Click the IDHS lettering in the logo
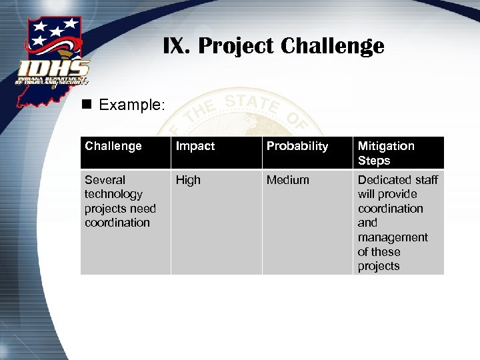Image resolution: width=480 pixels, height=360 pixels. point(54,68)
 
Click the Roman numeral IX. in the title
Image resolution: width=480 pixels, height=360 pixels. point(178,46)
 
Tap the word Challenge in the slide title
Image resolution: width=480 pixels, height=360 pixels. point(333,46)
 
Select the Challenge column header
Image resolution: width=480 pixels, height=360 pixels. point(113,146)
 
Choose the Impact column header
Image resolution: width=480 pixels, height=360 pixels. point(195,146)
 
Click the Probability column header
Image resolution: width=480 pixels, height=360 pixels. point(297,146)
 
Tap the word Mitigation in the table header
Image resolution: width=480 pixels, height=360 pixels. point(386,146)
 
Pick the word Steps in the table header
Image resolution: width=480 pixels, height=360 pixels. point(374,161)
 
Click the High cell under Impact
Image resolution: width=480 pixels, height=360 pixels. point(188,180)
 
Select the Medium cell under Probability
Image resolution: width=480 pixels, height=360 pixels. point(288,180)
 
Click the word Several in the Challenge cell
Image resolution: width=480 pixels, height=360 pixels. point(105,180)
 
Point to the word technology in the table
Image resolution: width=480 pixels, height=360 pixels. point(113,194)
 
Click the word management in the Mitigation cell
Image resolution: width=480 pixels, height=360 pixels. point(393,237)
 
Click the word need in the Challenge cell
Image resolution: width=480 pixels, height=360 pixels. point(142,209)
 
